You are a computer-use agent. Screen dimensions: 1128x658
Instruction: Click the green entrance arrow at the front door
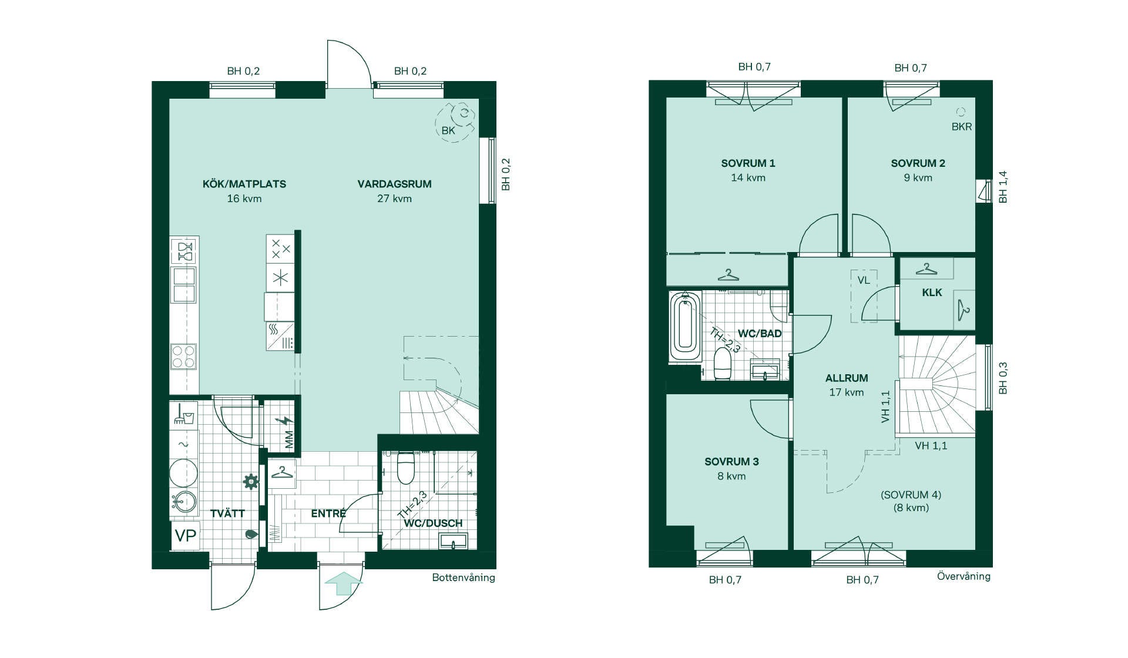pos(344,585)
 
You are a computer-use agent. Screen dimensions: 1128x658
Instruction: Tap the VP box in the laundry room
pos(186,536)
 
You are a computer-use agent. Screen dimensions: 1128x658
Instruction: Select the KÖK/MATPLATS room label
pos(244,184)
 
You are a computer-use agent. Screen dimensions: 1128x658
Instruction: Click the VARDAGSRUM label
pos(395,184)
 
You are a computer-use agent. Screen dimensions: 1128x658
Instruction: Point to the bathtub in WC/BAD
pos(685,326)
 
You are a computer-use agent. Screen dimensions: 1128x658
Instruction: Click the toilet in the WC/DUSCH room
pos(406,467)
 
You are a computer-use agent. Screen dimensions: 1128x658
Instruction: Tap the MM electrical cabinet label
pos(289,440)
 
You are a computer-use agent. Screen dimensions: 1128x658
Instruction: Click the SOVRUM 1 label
pos(748,163)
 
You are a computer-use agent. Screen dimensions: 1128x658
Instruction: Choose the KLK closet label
pos(932,293)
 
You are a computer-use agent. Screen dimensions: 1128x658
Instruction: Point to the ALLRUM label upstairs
pos(847,378)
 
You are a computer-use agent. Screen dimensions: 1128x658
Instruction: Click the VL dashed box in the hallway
pos(864,296)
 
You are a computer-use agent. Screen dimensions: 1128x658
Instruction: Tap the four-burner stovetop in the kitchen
pos(183,357)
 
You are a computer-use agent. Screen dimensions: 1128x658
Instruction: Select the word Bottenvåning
pos(464,578)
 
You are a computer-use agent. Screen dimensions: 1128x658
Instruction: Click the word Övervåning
pos(963,576)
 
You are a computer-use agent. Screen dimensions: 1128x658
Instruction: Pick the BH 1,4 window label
pos(1003,187)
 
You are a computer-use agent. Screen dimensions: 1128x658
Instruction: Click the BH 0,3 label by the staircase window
pos(1003,378)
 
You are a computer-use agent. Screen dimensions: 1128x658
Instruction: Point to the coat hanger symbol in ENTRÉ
pos(282,472)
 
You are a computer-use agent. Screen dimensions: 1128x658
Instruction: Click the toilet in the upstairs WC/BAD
pos(722,364)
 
